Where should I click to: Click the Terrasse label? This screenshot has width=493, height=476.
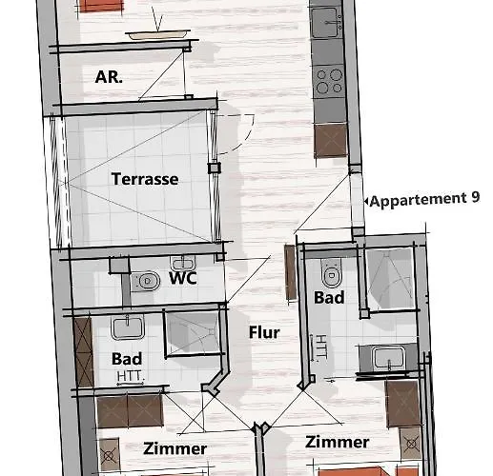[144, 178]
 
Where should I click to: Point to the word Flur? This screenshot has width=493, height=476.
[263, 332]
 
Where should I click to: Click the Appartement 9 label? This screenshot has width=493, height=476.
[424, 200]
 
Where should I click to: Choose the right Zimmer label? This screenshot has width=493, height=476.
[338, 442]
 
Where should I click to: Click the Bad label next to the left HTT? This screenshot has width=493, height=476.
[127, 360]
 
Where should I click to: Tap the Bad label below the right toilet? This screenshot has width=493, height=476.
[330, 298]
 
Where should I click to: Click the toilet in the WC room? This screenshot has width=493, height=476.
[147, 281]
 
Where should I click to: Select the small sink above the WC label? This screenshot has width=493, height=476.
[182, 262]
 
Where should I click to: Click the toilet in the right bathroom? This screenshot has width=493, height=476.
[331, 274]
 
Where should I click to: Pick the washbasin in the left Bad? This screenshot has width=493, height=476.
[127, 328]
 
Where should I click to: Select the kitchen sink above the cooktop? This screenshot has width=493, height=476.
[327, 18]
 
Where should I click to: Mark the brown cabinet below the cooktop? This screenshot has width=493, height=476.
[330, 140]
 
